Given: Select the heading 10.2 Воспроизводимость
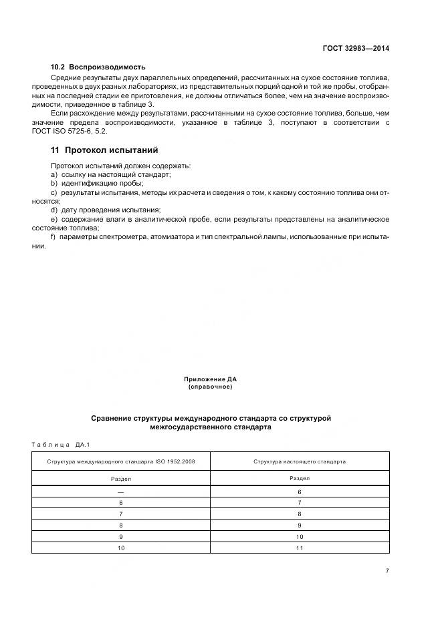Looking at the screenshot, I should pos(98,67).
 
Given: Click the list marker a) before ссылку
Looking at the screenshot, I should pos(54,174).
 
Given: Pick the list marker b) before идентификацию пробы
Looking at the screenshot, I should pos(54,183).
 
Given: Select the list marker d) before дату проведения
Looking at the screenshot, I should pos(54,210).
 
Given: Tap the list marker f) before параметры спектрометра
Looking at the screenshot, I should pos(53,237).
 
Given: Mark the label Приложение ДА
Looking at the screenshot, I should pos(210,379).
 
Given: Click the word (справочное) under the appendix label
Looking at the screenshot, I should pos(210,387).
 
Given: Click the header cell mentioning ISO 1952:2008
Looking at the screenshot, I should pos(120,461).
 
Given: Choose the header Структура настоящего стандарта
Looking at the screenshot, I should pos(300,461).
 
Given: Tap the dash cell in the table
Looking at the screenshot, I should pos(120,491).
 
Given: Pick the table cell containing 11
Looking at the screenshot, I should pos(300,548).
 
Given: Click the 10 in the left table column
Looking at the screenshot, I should pos(120,548).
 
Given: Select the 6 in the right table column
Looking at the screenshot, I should pos(300,491).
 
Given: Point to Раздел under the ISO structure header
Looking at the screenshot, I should pos(120,478).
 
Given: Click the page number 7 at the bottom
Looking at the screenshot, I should pos(388,570).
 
